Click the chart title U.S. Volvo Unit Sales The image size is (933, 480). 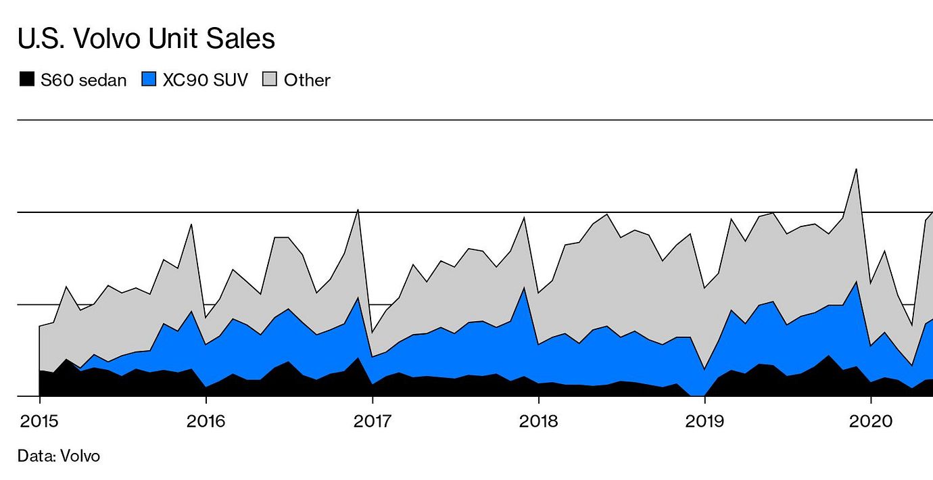146,39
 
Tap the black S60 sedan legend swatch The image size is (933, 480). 27,80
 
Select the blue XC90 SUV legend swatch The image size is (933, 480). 149,80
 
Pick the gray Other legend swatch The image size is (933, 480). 270,80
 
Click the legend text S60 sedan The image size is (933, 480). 83,80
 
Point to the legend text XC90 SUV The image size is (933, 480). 206,80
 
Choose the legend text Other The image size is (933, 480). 307,80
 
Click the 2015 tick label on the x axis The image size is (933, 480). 39,422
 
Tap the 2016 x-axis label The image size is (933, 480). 206,422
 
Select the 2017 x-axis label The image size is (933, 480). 372,422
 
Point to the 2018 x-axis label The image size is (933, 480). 538,422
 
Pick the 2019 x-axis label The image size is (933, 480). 704,422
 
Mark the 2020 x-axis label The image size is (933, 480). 871,422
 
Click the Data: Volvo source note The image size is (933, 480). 59,456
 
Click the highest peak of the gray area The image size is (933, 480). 857,170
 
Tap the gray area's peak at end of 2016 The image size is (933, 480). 358,210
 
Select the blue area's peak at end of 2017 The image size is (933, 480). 524,288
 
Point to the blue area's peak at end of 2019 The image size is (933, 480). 857,283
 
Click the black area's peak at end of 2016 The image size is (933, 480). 358,358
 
